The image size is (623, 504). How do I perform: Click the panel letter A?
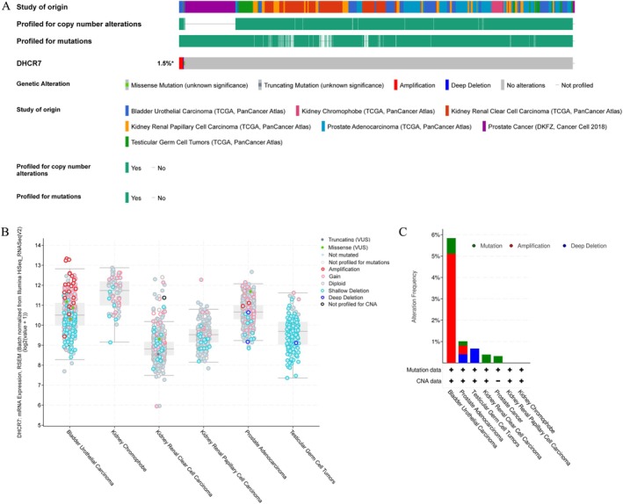6,7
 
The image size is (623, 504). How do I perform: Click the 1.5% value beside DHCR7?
165,64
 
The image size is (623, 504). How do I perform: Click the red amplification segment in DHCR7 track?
182,63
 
